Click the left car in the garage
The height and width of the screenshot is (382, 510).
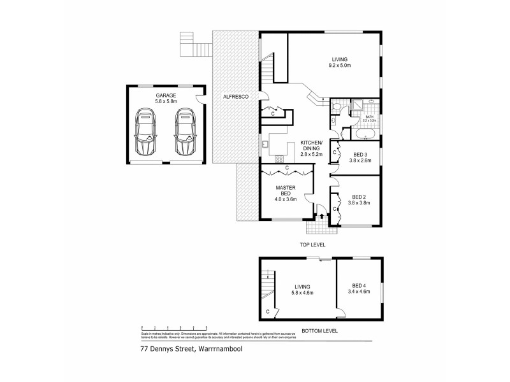coord(146,132)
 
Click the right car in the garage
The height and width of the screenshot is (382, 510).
coord(185,132)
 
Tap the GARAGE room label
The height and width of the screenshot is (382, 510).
coord(166,95)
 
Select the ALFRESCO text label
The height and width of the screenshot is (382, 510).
coord(235,96)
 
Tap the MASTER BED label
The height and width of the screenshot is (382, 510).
coord(284,192)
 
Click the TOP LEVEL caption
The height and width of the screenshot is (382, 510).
coord(314,244)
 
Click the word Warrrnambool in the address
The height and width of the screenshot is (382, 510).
coord(215,349)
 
